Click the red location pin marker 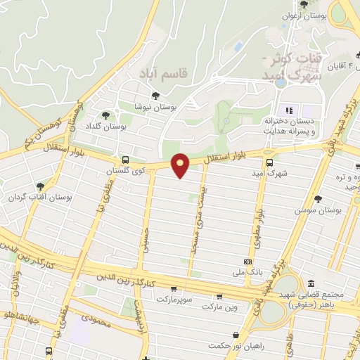click(x=181, y=165)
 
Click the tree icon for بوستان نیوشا click(x=155, y=96)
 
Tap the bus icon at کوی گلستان click(x=125, y=160)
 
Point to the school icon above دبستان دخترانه click(x=288, y=110)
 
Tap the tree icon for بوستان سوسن click(x=318, y=199)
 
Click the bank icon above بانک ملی click(x=247, y=260)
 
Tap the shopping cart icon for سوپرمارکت click(x=174, y=289)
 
